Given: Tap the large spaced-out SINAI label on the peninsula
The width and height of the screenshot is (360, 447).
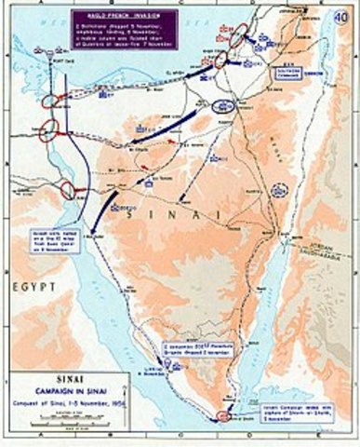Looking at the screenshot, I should tap(186, 215).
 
